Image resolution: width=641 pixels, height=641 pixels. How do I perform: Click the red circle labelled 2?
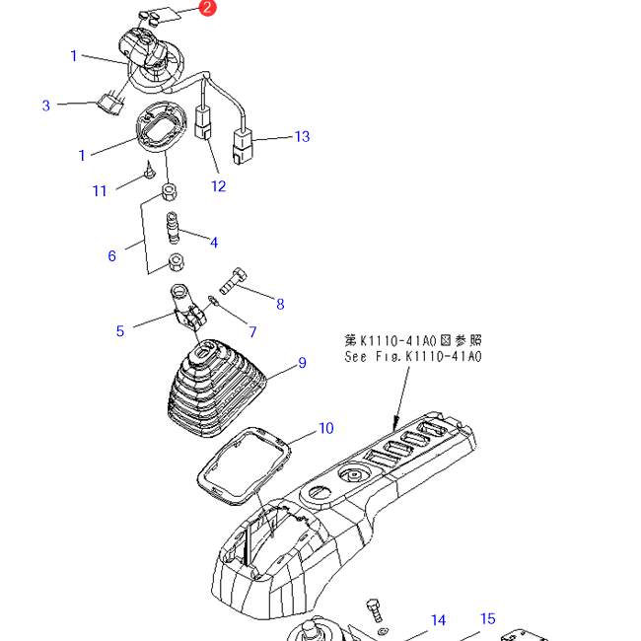[207, 8]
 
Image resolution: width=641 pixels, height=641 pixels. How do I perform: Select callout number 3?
[45, 106]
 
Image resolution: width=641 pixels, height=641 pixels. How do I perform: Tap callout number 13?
[302, 136]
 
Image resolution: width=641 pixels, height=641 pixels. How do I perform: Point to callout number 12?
[218, 185]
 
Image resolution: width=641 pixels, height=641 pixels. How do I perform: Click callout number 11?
[100, 190]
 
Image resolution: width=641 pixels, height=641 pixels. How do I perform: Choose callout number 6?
[112, 255]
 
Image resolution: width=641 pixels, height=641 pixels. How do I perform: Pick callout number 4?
[213, 242]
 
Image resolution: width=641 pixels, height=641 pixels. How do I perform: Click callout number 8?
[280, 304]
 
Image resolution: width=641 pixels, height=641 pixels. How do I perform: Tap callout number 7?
[251, 331]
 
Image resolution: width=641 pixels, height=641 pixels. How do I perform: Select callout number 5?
[120, 330]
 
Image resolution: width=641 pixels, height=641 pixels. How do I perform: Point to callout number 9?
[302, 363]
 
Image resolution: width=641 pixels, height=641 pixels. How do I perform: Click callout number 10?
[325, 428]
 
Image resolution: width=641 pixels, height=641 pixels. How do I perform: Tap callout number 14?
[438, 620]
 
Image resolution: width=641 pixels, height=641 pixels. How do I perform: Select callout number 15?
[487, 619]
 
